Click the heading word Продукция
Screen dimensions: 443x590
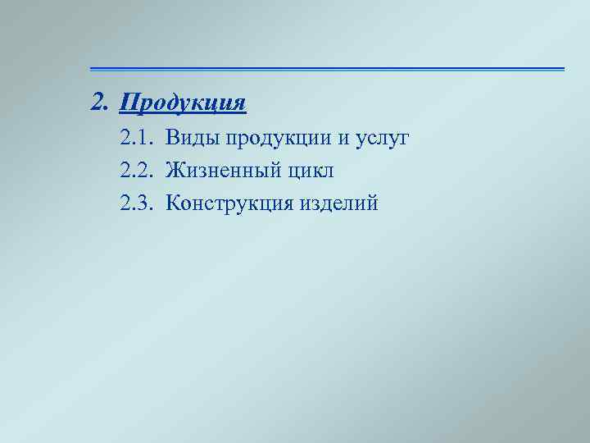[x=183, y=104]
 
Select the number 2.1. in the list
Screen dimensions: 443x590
[x=136, y=139]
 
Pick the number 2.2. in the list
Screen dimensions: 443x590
[x=136, y=171]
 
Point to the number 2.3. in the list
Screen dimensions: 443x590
[x=136, y=203]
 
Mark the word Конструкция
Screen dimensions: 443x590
[x=229, y=203]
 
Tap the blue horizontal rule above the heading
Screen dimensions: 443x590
[x=327, y=68]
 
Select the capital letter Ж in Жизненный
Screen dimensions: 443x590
[x=175, y=171]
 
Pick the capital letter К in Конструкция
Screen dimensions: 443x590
[x=172, y=203]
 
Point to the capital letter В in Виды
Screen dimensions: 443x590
[x=172, y=139]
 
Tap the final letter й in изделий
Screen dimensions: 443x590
[x=373, y=203]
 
